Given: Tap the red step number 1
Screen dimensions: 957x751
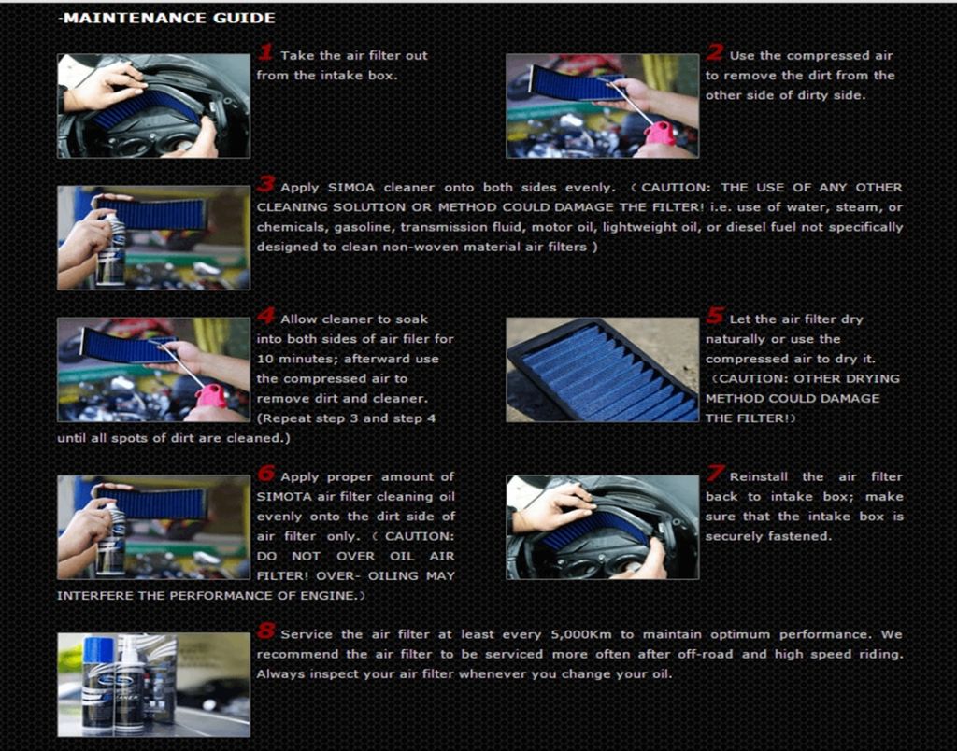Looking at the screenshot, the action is pyautogui.click(x=265, y=52).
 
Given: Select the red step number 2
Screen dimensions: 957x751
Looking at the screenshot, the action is pyautogui.click(x=715, y=52).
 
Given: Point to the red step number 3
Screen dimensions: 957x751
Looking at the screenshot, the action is pyautogui.click(x=266, y=184).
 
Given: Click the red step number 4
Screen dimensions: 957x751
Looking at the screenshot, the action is pyautogui.click(x=266, y=316).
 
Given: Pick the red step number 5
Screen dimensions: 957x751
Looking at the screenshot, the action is pyautogui.click(x=715, y=316).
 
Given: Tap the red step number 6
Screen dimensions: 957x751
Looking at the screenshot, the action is pyautogui.click(x=266, y=473).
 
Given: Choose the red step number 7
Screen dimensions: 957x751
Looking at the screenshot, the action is pyautogui.click(x=715, y=473).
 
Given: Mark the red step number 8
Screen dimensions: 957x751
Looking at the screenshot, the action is pyautogui.click(x=266, y=631).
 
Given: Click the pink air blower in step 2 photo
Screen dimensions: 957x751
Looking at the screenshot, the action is pyautogui.click(x=660, y=134).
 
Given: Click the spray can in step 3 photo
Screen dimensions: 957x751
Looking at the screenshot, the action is pyautogui.click(x=110, y=248).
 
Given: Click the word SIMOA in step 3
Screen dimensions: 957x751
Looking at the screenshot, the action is pyautogui.click(x=351, y=188).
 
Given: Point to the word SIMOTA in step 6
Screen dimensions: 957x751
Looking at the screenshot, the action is pyautogui.click(x=282, y=497).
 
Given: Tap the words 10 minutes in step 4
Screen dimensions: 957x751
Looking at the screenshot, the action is pyautogui.click(x=292, y=359).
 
